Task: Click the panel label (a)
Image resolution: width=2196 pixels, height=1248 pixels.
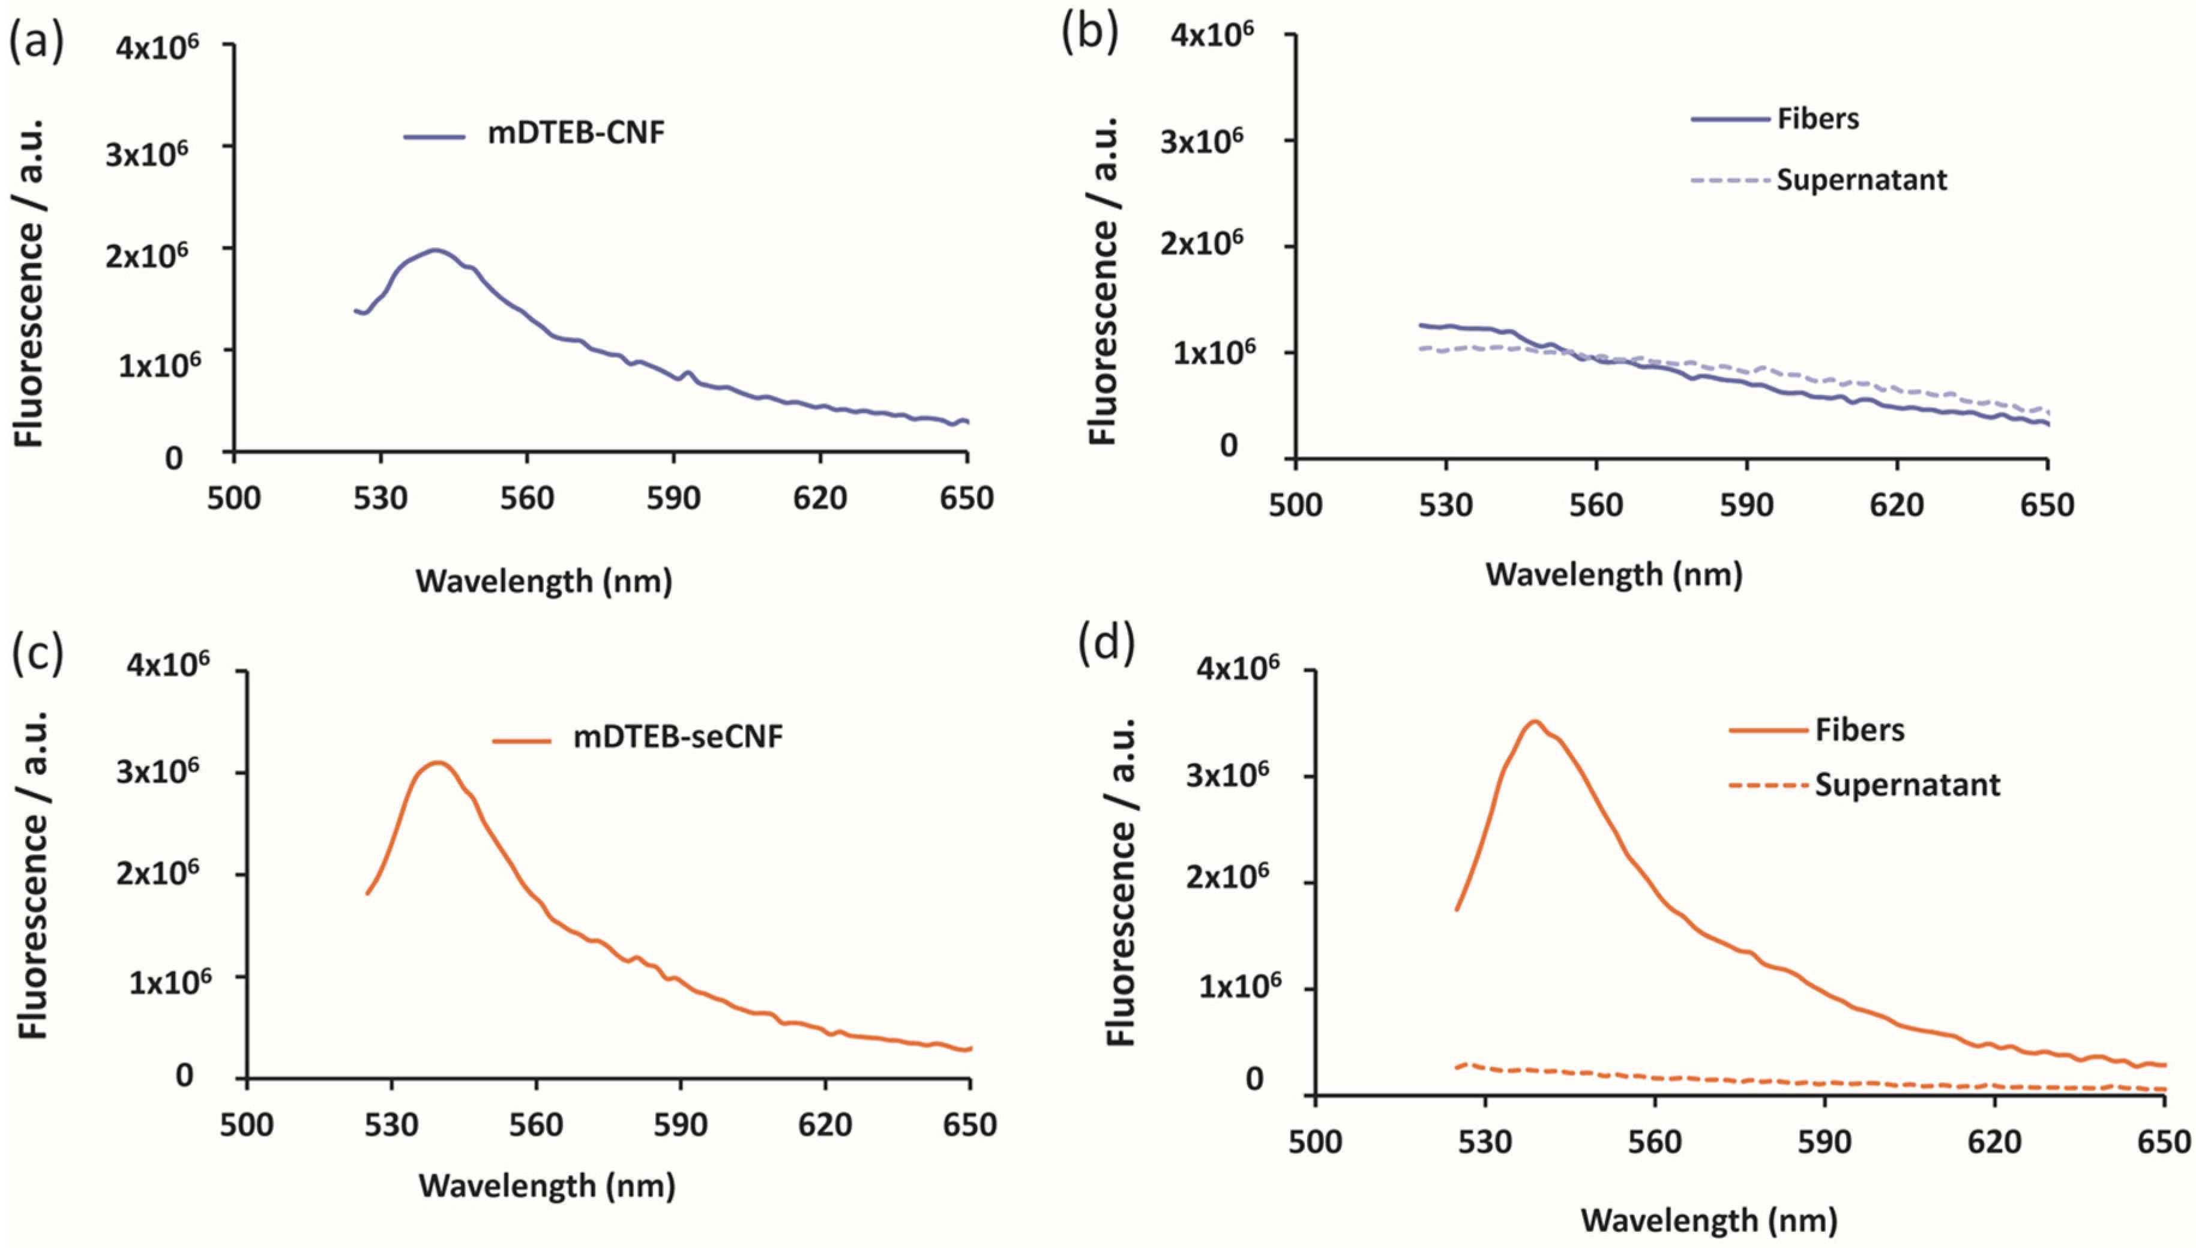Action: [x=36, y=43]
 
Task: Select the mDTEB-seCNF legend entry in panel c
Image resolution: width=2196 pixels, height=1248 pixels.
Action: [x=677, y=737]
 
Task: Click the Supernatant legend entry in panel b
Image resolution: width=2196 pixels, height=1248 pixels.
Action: [x=1861, y=180]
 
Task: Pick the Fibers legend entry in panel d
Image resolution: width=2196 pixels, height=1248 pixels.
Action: [x=1859, y=729]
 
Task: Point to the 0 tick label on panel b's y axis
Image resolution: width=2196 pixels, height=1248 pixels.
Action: [x=1229, y=445]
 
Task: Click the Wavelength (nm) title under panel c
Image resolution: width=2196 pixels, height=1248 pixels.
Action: [x=547, y=1186]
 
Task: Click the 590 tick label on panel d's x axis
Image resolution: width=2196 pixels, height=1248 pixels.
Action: [x=1825, y=1142]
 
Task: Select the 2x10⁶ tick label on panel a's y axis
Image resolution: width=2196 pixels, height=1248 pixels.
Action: [x=148, y=255]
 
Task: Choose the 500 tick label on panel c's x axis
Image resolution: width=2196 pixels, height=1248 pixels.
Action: [x=247, y=1124]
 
